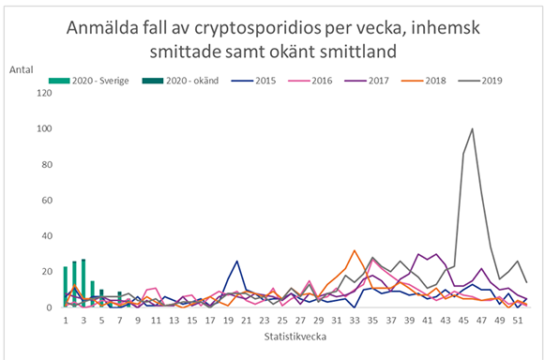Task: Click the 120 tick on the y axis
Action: click(x=40, y=93)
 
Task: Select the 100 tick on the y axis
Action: click(x=40, y=128)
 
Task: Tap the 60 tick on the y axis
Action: click(x=43, y=200)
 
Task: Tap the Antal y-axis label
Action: click(x=23, y=70)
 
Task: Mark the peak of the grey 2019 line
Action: click(x=472, y=128)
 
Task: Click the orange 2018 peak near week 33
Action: click(x=354, y=250)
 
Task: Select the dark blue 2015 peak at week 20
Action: click(x=237, y=261)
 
